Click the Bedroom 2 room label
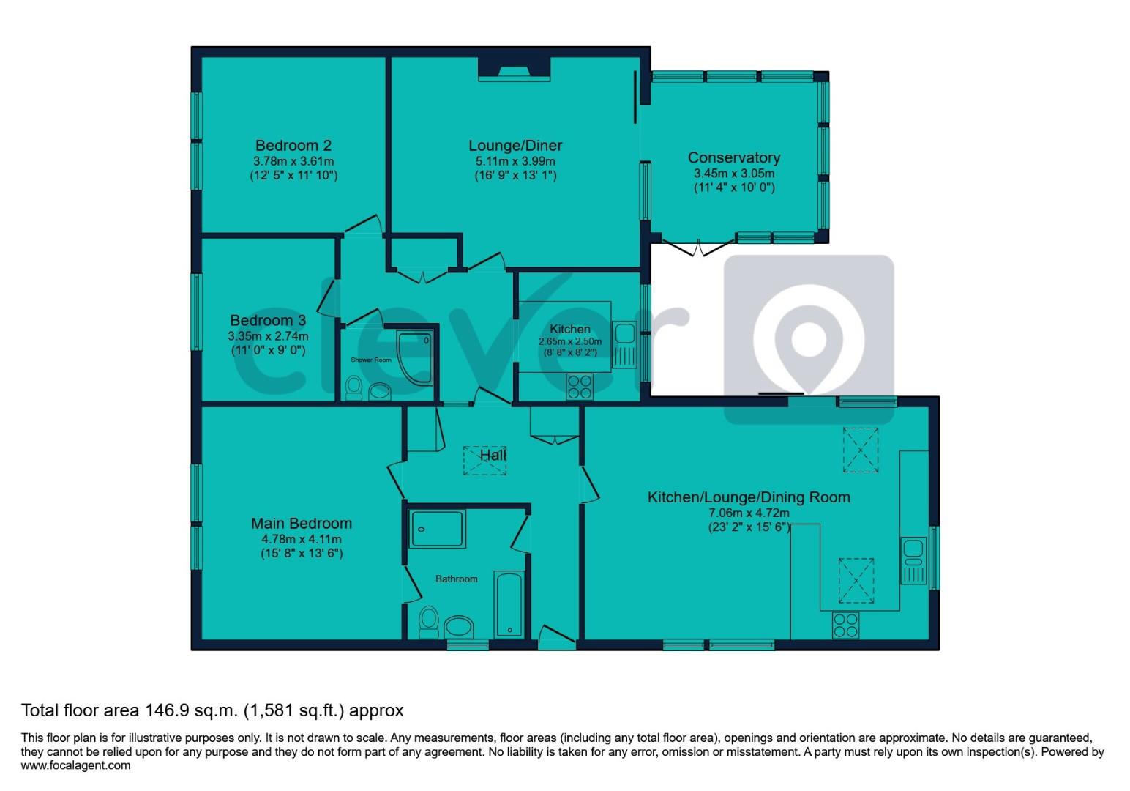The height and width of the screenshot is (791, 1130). (293, 145)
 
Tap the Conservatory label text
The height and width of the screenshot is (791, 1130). (733, 157)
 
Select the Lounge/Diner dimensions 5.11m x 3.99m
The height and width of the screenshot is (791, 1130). (515, 161)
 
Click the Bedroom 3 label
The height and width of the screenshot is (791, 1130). (268, 320)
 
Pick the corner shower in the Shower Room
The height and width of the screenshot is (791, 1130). (414, 357)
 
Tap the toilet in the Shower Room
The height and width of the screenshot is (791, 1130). (353, 387)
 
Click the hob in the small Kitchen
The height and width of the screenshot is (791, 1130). (580, 386)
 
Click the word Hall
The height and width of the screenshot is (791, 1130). (493, 455)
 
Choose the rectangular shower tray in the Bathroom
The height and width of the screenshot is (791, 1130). (437, 528)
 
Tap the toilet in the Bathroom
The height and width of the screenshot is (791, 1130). (429, 622)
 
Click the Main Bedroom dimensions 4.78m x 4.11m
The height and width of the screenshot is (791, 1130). (302, 538)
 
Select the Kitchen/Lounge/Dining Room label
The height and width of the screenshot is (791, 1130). (749, 497)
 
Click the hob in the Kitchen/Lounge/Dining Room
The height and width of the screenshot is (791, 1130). (845, 625)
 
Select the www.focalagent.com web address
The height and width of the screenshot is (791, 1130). (76, 765)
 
